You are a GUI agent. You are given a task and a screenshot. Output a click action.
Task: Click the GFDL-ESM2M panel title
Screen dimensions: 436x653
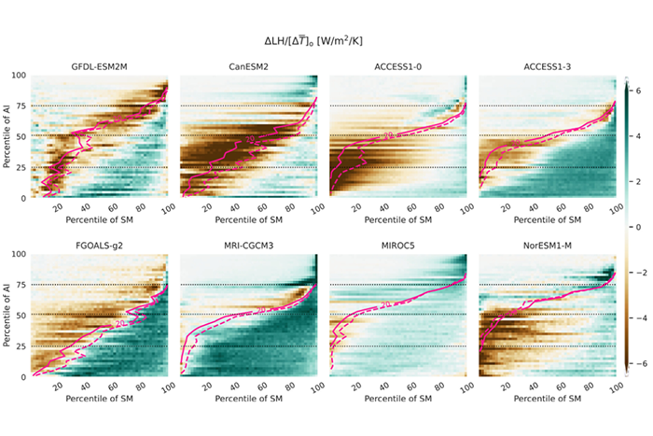coord(100,66)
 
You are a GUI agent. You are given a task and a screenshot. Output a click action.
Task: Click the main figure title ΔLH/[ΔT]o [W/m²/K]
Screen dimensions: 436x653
coord(326,40)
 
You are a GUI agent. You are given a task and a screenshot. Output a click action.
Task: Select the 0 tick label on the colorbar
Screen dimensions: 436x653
coord(638,227)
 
